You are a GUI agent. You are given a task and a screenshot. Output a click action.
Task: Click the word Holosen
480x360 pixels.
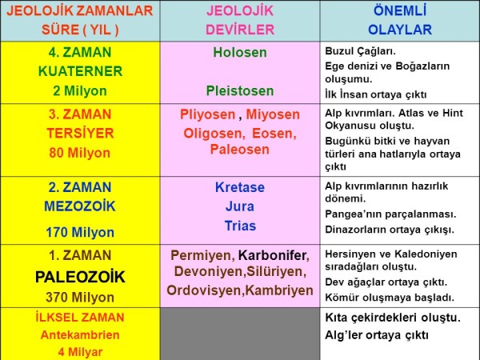(239, 53)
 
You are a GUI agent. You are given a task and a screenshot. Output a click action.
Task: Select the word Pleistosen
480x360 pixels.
(239, 90)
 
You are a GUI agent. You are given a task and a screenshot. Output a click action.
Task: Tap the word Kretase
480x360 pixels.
(239, 188)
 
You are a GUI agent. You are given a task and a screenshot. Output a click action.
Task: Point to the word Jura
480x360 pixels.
(239, 206)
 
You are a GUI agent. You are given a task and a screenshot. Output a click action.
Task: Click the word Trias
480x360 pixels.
(239, 225)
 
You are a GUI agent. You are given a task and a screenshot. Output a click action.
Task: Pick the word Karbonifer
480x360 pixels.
(273, 256)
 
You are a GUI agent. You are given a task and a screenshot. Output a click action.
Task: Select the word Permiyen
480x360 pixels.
(202, 256)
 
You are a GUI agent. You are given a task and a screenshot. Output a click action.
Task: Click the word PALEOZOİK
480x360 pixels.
(80, 278)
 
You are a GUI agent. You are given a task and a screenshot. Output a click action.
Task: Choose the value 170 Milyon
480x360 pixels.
(80, 233)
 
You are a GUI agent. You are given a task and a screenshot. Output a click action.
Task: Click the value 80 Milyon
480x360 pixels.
(80, 151)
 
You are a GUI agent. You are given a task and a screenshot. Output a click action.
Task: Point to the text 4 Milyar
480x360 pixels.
(80, 350)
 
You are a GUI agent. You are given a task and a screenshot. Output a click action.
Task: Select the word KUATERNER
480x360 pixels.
(80, 72)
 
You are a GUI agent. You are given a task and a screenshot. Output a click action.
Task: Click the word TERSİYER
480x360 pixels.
(80, 133)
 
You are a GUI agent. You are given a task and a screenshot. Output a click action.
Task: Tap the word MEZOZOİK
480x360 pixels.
(80, 206)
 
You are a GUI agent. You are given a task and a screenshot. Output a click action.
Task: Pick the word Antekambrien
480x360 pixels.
(80, 334)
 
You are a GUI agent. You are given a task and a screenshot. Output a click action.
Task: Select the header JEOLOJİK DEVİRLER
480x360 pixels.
(239, 21)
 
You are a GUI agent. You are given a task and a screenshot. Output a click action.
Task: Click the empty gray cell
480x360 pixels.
(239, 334)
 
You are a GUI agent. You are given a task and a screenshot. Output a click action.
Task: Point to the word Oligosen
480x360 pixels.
(211, 132)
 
